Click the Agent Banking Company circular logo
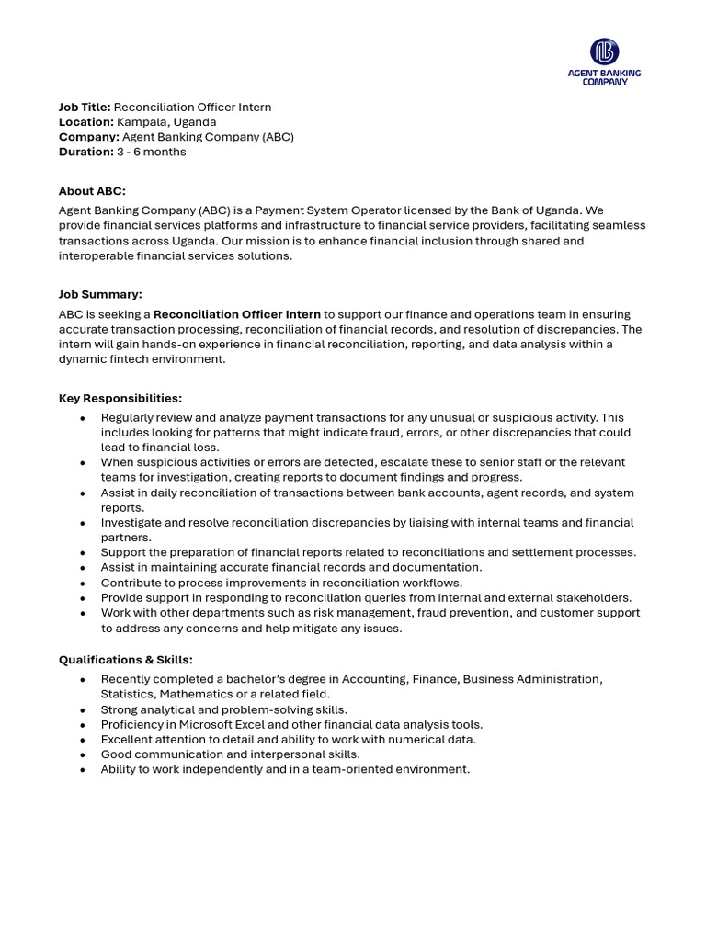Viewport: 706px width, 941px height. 604,51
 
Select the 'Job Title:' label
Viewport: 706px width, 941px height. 85,108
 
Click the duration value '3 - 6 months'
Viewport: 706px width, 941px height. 151,152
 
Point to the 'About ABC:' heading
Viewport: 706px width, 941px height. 92,191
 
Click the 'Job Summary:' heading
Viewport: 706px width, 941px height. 100,294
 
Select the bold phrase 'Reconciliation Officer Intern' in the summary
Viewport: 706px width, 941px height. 236,314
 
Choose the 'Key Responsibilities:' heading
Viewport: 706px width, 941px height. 120,398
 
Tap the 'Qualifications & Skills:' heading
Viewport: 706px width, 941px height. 126,660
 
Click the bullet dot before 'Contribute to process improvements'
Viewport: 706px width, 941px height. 83,584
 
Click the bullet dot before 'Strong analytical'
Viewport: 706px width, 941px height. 83,710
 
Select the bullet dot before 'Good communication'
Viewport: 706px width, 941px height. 83,755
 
